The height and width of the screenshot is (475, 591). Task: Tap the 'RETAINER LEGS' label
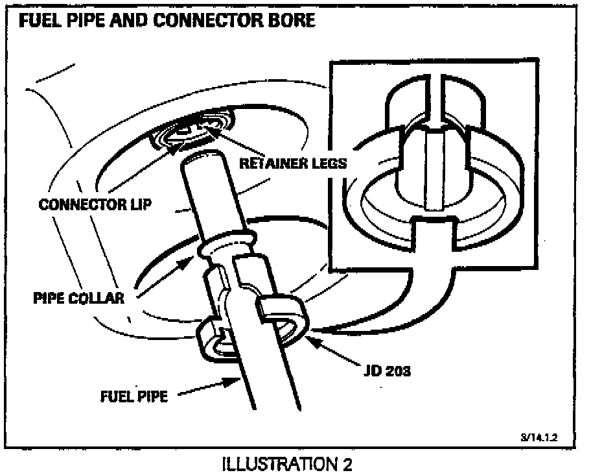[x=293, y=164]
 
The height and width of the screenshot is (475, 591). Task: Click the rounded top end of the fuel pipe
[x=200, y=158]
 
